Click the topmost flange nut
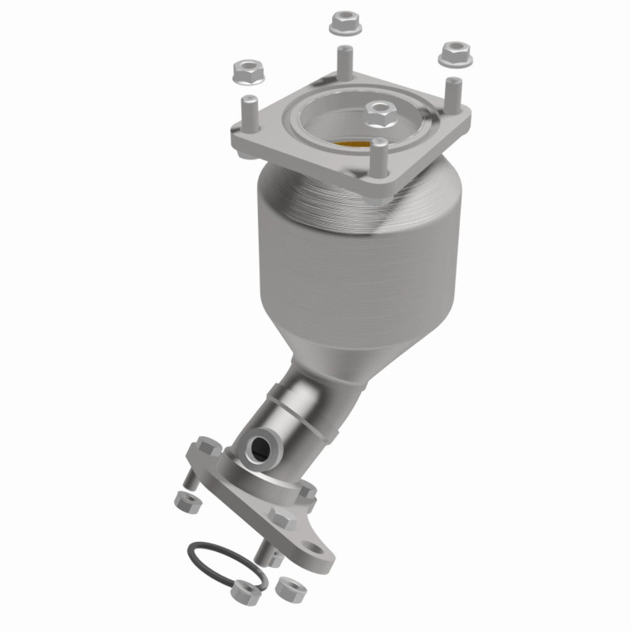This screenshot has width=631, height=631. [340, 24]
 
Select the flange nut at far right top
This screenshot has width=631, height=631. [453, 53]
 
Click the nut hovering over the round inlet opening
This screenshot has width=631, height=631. [381, 114]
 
